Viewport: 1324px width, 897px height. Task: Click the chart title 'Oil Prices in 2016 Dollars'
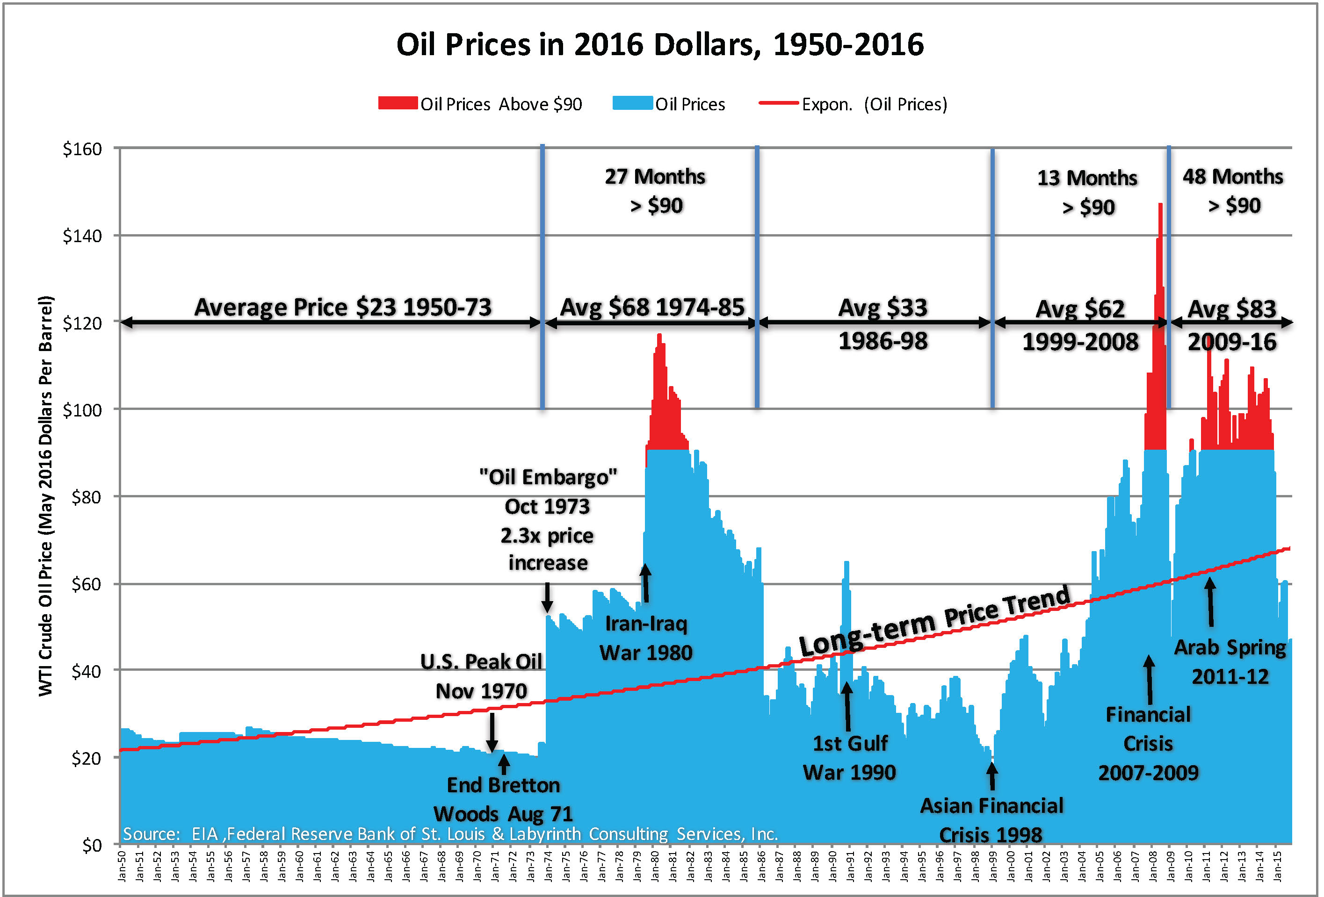coord(660,45)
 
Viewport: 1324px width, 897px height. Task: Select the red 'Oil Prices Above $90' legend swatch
coord(398,103)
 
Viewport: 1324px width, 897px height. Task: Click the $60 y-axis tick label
coord(86,584)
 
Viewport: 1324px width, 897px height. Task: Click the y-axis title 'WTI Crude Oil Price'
coord(45,495)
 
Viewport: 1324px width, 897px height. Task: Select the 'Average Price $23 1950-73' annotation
coord(342,308)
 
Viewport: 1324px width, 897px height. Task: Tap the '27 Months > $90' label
coord(655,191)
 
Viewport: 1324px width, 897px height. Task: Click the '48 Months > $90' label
coord(1233,191)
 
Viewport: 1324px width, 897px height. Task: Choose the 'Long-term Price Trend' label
coord(934,621)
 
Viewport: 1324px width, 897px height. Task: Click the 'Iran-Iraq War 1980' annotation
coord(646,639)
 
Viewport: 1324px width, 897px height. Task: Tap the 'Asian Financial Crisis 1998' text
coord(991,820)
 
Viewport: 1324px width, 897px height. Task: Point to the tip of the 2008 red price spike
coord(1160,204)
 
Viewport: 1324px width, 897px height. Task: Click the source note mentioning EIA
coord(450,834)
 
